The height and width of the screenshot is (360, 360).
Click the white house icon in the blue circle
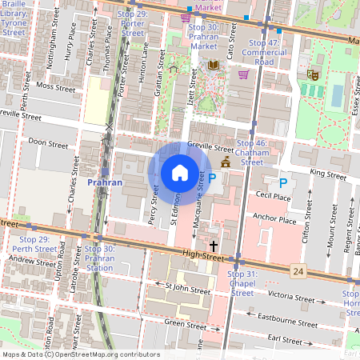[180, 173]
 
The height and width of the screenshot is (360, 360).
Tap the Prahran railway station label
[104, 182]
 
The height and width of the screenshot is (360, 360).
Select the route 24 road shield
[298, 272]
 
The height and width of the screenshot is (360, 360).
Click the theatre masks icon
[313, 74]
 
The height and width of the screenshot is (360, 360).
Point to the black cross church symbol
[214, 245]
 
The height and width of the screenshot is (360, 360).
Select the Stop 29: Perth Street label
[38, 244]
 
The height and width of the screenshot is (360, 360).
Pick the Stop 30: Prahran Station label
[99, 258]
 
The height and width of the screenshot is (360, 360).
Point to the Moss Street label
[55, 84]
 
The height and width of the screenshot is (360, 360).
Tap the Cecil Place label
[273, 194]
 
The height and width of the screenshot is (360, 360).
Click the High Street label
[200, 254]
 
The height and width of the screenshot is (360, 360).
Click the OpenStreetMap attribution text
[80, 354]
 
